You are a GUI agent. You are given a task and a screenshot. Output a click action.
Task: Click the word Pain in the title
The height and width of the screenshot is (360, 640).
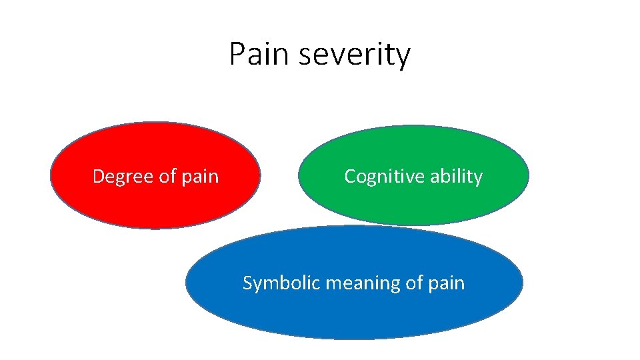(x=259, y=54)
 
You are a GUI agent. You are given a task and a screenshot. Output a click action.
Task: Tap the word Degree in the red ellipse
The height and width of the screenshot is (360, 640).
(x=115, y=177)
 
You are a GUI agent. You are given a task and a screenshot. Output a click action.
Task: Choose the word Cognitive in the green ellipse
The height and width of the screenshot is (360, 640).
(x=377, y=177)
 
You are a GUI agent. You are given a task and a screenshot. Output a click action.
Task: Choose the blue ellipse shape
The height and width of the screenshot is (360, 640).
(x=353, y=313)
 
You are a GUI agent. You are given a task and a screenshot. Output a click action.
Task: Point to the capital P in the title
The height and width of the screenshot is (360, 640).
(x=237, y=54)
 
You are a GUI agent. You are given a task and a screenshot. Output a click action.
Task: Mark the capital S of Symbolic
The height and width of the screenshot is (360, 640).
(x=247, y=283)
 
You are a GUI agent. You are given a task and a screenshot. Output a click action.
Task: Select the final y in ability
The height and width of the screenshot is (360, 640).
(x=477, y=179)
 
